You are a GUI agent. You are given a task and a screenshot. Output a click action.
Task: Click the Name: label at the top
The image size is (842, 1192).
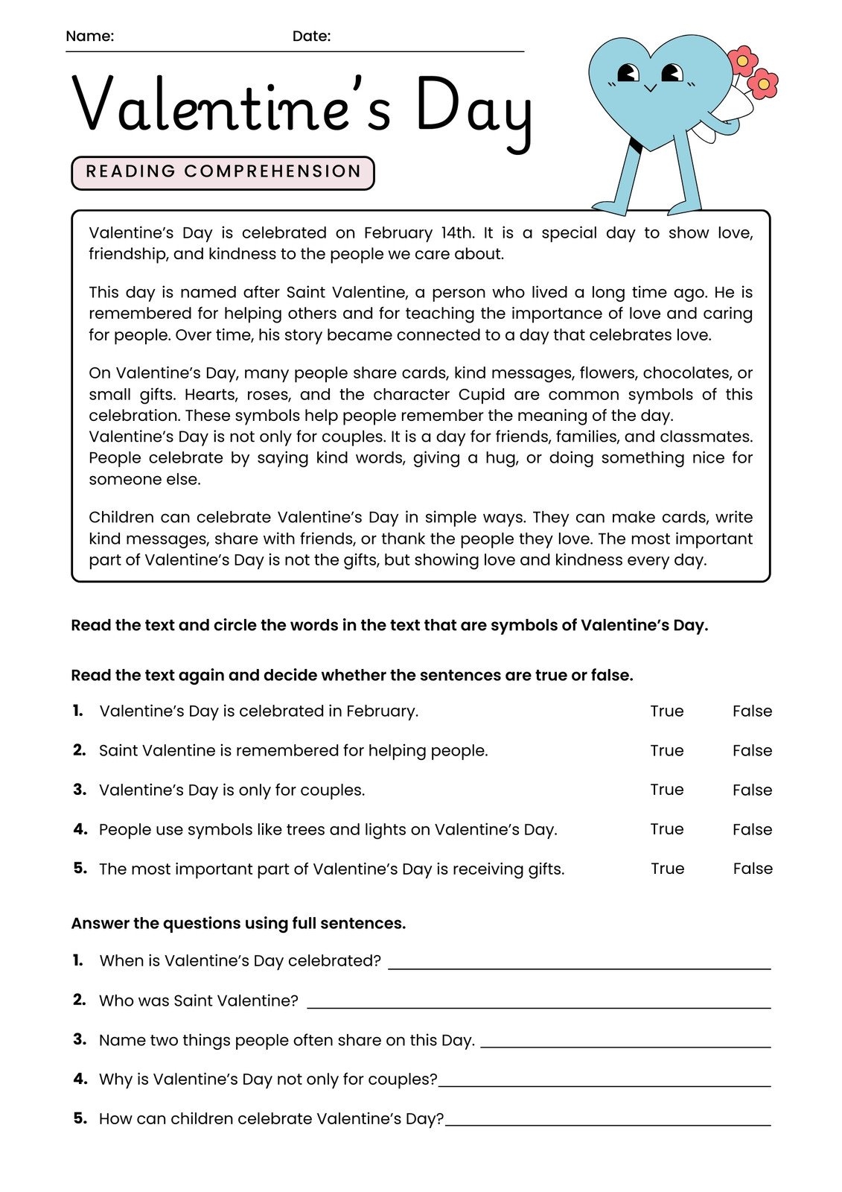tap(89, 36)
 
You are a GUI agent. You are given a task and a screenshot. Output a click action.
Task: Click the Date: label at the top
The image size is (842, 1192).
tap(311, 36)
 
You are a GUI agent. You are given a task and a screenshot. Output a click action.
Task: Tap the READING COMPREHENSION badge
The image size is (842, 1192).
tap(223, 172)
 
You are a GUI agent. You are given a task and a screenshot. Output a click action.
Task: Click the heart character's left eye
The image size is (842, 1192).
tap(628, 73)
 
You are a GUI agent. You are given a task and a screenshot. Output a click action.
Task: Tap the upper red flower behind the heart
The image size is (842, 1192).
tap(742, 60)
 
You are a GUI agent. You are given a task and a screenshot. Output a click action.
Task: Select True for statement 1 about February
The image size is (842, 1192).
tap(666, 711)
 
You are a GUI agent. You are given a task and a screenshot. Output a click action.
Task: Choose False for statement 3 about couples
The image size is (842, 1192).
tap(752, 790)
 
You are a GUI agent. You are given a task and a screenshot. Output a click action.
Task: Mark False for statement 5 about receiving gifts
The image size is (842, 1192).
tap(752, 869)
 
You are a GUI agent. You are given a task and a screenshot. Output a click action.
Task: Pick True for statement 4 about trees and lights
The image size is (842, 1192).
tap(666, 829)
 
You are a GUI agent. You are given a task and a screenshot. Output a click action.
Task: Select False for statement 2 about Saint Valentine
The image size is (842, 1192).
tap(752, 751)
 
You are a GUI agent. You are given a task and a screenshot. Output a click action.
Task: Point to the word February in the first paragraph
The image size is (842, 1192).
tap(398, 233)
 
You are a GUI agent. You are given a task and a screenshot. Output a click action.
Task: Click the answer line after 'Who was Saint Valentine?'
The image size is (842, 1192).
tap(538, 1006)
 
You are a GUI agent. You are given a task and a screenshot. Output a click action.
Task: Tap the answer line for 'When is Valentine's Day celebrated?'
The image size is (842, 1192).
tap(579, 966)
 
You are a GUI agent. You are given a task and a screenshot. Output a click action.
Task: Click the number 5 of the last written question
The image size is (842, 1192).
tap(80, 1118)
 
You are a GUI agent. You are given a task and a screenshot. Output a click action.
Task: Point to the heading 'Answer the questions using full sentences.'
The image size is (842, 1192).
tap(238, 924)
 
